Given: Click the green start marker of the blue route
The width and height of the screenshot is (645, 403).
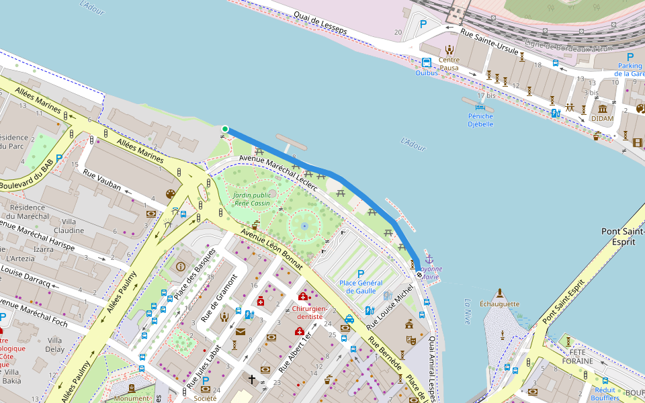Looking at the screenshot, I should click(x=225, y=129).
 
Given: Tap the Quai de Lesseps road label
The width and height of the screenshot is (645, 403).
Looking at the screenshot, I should click(x=320, y=24).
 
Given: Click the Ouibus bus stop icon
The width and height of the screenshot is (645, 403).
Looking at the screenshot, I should click(x=427, y=62).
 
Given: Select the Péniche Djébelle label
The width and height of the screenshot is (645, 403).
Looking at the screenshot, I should click(x=480, y=120).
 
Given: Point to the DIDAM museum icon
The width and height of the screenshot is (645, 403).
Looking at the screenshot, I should click(x=602, y=108).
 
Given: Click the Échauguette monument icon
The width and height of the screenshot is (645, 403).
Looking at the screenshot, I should click(x=499, y=293).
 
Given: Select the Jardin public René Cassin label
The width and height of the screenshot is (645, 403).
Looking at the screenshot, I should click(x=252, y=199).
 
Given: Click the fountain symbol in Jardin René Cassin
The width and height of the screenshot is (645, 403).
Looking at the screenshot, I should click(x=304, y=226).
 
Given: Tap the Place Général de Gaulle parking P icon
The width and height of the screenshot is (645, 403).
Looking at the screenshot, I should click(x=361, y=273).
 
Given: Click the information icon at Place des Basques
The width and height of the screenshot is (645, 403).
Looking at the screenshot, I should click(x=180, y=267).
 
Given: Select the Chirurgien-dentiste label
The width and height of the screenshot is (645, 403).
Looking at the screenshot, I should click(x=310, y=314).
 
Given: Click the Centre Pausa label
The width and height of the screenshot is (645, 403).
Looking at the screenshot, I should click(x=449, y=64).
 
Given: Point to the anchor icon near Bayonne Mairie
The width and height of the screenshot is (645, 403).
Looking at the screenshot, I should click(x=429, y=259).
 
